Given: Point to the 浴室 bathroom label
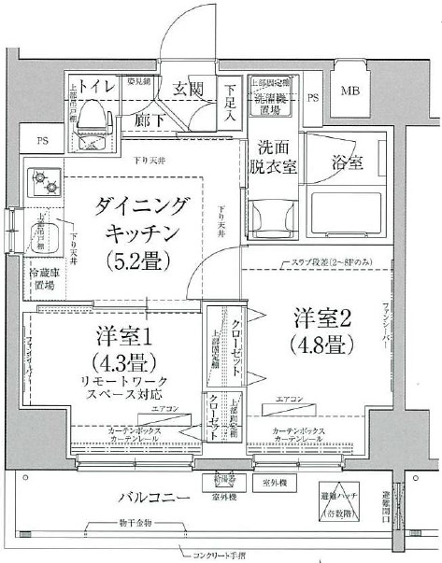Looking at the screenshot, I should click(348, 163).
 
